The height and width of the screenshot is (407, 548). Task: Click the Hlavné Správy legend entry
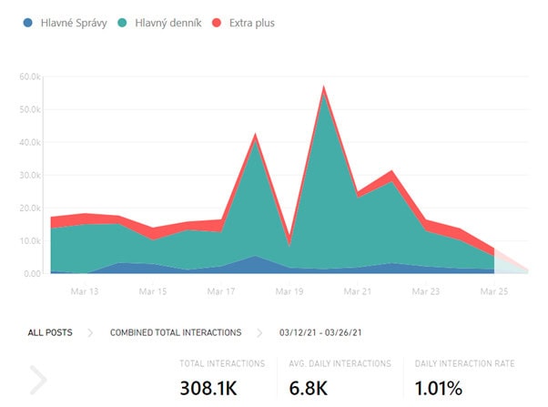point(70,23)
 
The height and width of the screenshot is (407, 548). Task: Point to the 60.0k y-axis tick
point(30,76)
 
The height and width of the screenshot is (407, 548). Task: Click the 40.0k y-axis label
point(30,142)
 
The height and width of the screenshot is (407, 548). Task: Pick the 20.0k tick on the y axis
point(30,208)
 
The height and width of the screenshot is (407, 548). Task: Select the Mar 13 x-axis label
point(84,292)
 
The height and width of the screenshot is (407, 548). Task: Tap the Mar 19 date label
point(289,292)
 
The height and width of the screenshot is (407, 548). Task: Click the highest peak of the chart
point(323,87)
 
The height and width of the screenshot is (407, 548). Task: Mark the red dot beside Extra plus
point(217,23)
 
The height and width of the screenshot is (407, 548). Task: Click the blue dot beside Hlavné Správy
point(29,23)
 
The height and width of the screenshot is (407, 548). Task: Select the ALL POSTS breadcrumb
point(50,332)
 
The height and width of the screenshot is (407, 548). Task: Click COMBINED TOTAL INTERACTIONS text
point(176,332)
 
